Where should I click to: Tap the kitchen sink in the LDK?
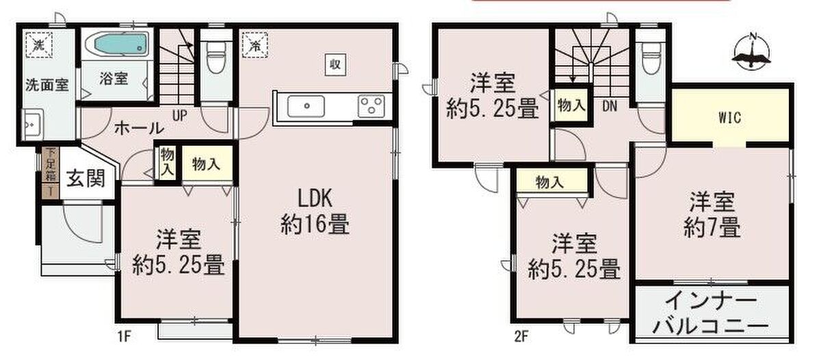[x=306, y=106]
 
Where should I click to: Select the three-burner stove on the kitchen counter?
[x=371, y=106]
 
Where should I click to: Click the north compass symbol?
[x=751, y=52]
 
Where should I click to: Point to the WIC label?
[x=730, y=118]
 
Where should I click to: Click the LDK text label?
[x=315, y=198]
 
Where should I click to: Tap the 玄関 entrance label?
[x=86, y=179]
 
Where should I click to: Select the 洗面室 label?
[x=47, y=85]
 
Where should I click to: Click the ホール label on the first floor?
[x=139, y=128]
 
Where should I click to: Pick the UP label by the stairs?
[x=179, y=116]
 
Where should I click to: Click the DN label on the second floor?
[x=610, y=106]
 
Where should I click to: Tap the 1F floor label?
[x=125, y=336]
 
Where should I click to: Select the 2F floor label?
[x=521, y=336]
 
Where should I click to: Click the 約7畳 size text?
[x=712, y=227]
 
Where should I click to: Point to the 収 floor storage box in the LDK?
[x=335, y=65]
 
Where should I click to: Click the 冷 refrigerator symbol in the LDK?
[x=255, y=45]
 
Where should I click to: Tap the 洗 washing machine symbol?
[x=38, y=45]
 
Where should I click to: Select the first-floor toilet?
[x=216, y=57]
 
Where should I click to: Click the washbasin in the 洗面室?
[x=33, y=124]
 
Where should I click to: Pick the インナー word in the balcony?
[x=711, y=302]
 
